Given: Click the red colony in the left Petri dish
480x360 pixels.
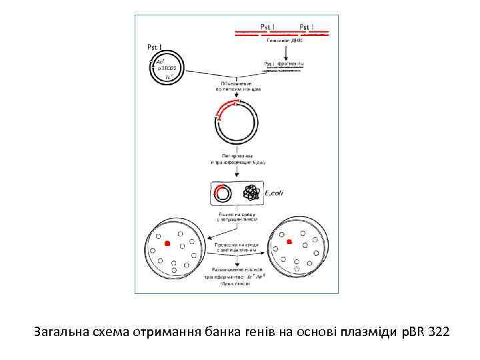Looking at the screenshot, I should [x=168, y=245].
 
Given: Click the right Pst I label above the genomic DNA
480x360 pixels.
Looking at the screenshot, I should [x=307, y=27].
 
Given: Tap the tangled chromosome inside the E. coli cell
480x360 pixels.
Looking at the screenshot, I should [x=251, y=193].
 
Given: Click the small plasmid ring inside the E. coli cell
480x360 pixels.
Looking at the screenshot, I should [x=223, y=193].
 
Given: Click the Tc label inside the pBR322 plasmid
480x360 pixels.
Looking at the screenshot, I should [x=167, y=78].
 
